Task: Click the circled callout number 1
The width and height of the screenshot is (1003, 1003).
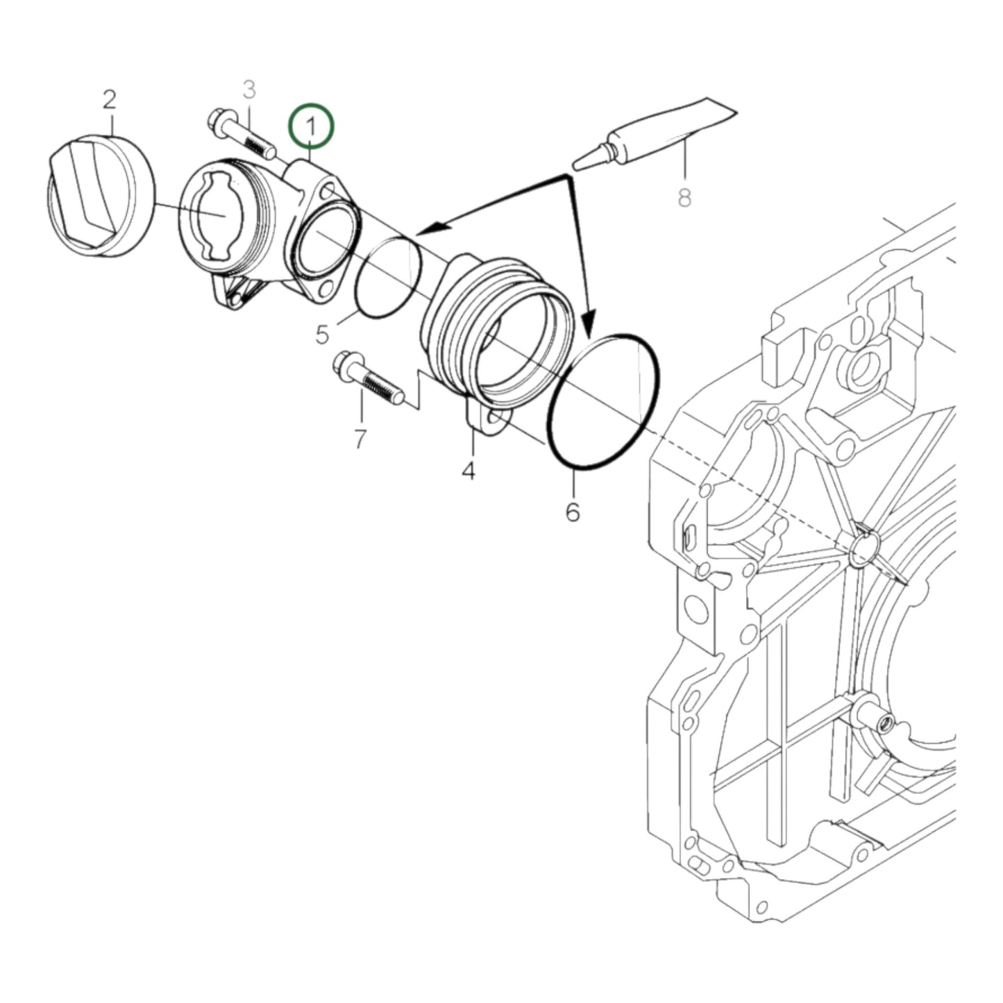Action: (312, 126)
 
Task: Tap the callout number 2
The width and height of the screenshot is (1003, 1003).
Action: (109, 100)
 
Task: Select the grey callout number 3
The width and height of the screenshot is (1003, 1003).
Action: (249, 90)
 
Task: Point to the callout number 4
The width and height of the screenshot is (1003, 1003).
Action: (469, 471)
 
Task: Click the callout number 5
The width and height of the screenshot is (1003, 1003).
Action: (322, 335)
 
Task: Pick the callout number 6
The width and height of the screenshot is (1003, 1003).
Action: (572, 512)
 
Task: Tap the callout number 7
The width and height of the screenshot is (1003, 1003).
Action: (360, 439)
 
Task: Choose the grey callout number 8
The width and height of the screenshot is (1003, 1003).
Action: (684, 199)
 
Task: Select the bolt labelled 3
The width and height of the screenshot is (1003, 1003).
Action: (243, 135)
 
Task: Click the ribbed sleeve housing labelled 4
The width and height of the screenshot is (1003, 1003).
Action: (496, 333)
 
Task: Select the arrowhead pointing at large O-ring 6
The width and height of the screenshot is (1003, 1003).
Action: (588, 323)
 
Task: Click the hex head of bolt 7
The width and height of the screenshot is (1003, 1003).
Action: (344, 364)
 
